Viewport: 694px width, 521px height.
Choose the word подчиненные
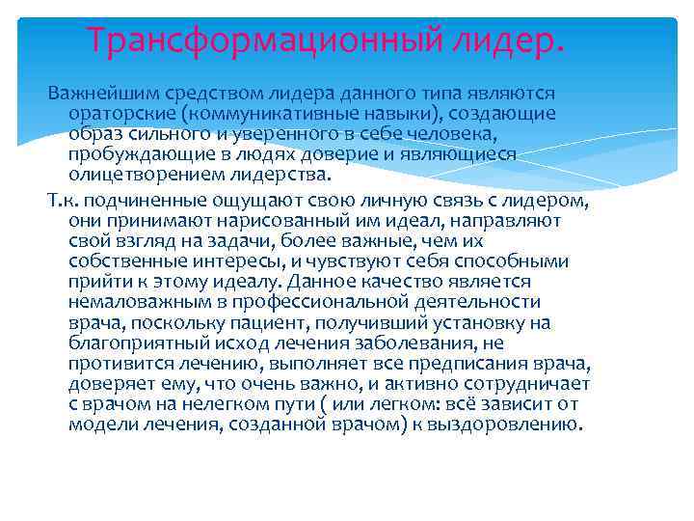[x=139, y=201]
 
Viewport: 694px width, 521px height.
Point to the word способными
[x=517, y=261]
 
